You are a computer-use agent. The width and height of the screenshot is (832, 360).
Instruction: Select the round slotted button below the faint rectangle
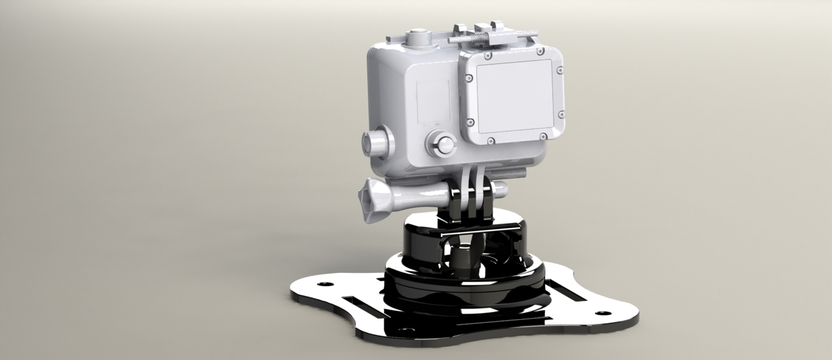tap(442, 145)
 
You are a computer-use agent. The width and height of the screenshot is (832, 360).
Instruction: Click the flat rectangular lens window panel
tap(514, 96)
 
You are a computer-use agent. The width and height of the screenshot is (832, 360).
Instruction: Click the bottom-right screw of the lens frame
tap(542, 137)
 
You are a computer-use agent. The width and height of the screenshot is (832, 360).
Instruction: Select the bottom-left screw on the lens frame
tap(490, 141)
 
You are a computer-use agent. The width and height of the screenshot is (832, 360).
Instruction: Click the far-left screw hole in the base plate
tap(323, 284)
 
